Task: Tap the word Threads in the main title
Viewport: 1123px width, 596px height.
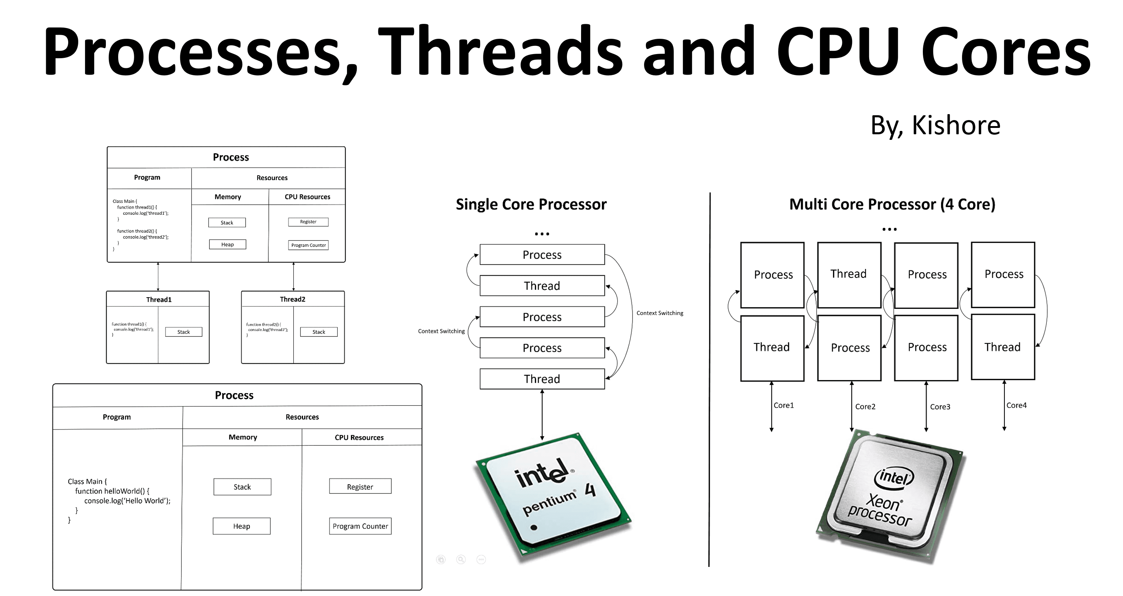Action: [x=501, y=52]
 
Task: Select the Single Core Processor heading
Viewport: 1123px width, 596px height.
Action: [x=531, y=204]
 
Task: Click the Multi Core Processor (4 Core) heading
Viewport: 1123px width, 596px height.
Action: [x=892, y=204]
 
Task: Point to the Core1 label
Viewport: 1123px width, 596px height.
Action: [x=783, y=405]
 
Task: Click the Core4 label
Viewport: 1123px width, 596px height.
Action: [x=1016, y=405]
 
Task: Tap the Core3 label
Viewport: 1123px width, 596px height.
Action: [x=940, y=407]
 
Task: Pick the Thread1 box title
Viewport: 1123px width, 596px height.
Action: [x=159, y=299]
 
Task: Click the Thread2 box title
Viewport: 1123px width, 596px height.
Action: [x=293, y=299]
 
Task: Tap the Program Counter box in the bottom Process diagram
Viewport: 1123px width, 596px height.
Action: [x=360, y=526]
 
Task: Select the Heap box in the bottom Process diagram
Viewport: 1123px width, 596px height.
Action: [x=242, y=526]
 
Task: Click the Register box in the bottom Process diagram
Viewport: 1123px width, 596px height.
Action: [x=360, y=486]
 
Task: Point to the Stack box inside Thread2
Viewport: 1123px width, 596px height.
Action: [x=319, y=332]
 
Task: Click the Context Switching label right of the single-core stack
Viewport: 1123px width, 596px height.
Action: [x=660, y=313]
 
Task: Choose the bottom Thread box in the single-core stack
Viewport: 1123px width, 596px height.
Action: [x=542, y=379]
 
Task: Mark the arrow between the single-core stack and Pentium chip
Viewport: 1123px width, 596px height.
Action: [x=542, y=414]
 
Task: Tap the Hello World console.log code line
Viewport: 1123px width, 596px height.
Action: [x=127, y=501]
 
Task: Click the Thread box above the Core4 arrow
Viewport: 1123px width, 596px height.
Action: [x=1003, y=347]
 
